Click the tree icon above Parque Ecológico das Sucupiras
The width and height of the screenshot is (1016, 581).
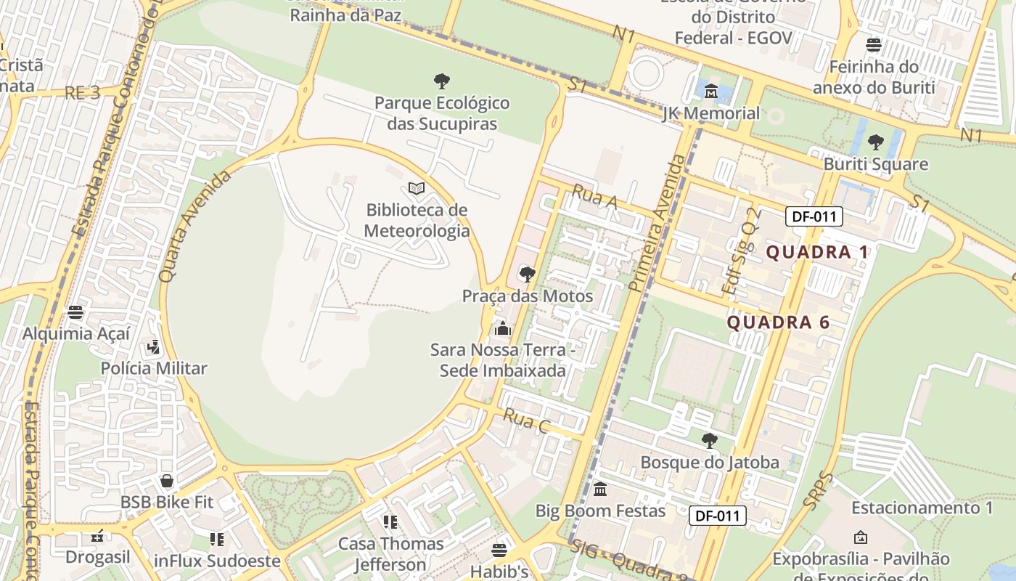pos(441,81)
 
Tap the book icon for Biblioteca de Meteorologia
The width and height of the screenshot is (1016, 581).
pos(417,189)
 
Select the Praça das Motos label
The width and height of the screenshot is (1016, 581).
pos(528,296)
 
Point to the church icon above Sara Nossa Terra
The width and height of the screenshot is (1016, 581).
pos(502,328)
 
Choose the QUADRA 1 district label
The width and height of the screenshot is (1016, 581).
pos(817,252)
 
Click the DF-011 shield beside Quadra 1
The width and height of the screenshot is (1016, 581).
pos(814,216)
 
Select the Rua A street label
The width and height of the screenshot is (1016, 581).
pos(594,197)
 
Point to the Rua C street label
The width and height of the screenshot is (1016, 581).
pos(525,420)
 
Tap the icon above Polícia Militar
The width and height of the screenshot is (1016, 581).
pos(153,346)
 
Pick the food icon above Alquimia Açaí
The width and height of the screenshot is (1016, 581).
pos(75,312)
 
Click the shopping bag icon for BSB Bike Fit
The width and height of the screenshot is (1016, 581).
pos(167,481)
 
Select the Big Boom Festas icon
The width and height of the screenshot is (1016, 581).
pos(600,489)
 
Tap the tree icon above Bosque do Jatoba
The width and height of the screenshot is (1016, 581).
pos(710,440)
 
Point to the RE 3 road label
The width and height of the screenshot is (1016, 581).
pos(82,93)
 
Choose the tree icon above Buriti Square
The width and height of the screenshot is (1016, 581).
pos(875,142)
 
